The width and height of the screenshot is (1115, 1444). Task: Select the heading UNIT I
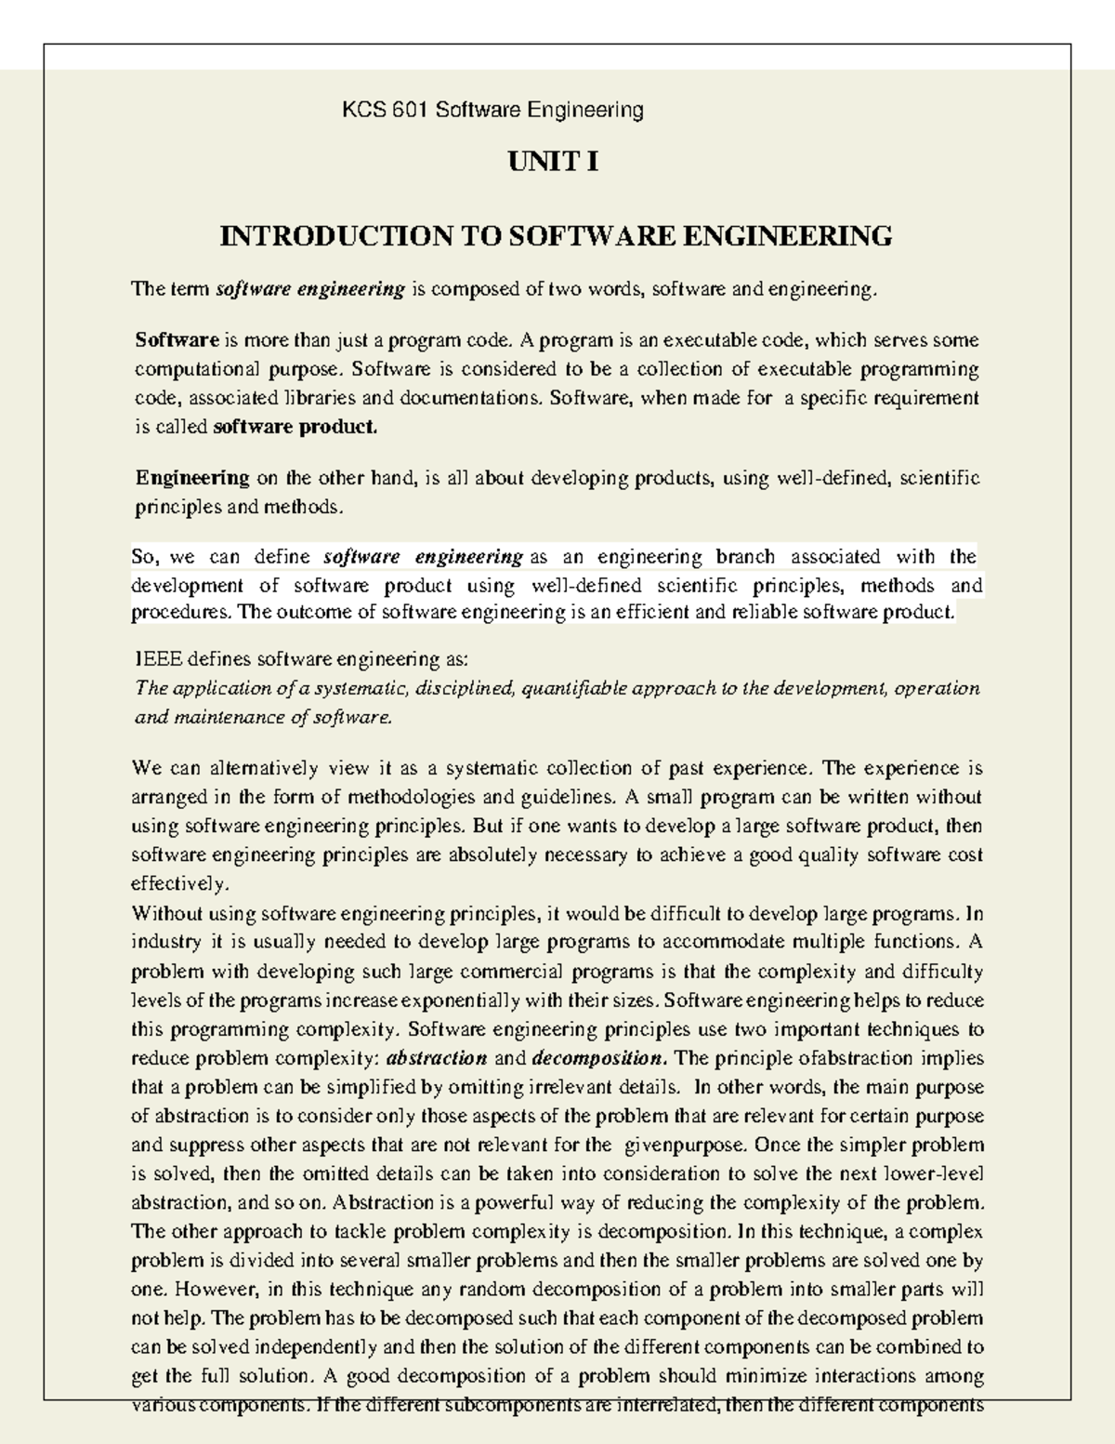point(553,163)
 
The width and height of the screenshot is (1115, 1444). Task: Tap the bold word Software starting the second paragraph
point(177,340)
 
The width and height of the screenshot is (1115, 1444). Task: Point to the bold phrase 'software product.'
point(295,428)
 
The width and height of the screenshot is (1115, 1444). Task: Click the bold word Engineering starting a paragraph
point(192,478)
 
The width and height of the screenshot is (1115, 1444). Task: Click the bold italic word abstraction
point(436,1058)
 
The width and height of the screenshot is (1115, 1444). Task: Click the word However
point(216,1290)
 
